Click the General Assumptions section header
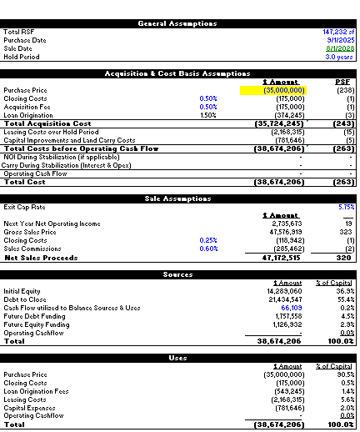(x=179, y=23)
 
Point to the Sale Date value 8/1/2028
(x=342, y=48)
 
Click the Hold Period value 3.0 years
(x=342, y=57)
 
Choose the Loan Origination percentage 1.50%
(x=208, y=115)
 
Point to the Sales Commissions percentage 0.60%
(x=208, y=249)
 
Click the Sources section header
(x=179, y=274)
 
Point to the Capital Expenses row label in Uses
(x=29, y=408)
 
